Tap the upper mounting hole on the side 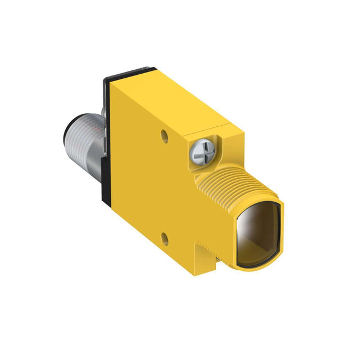pos(165,135)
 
